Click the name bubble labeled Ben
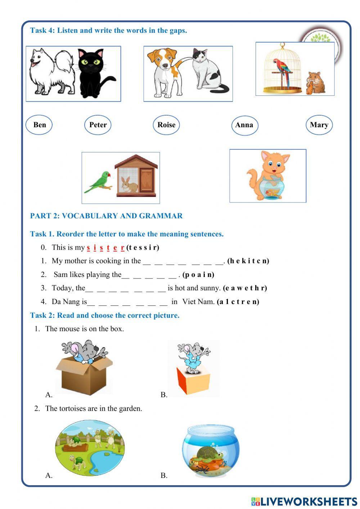click(x=39, y=125)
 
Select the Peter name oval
click(x=98, y=125)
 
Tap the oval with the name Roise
click(x=166, y=125)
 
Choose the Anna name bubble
click(x=244, y=125)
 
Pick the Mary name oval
click(x=319, y=125)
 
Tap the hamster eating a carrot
click(x=316, y=84)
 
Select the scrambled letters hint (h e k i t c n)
click(x=248, y=261)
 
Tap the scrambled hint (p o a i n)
click(x=198, y=274)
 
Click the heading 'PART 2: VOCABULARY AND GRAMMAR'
click(x=106, y=216)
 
